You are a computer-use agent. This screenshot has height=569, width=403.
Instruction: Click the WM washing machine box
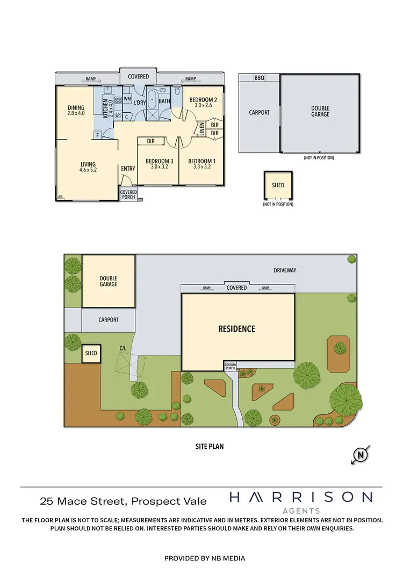click(127, 99)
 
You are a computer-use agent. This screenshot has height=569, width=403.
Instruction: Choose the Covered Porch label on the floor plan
click(128, 194)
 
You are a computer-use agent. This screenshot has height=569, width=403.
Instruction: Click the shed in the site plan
click(91, 353)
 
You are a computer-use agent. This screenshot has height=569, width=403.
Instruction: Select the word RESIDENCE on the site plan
click(236, 329)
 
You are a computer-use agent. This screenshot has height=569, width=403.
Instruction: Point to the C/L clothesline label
click(123, 348)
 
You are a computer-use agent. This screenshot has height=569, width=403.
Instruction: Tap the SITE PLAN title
click(209, 446)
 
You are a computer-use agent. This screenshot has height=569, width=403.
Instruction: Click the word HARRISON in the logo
click(300, 497)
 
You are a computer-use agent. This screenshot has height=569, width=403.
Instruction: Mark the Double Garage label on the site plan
click(108, 281)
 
